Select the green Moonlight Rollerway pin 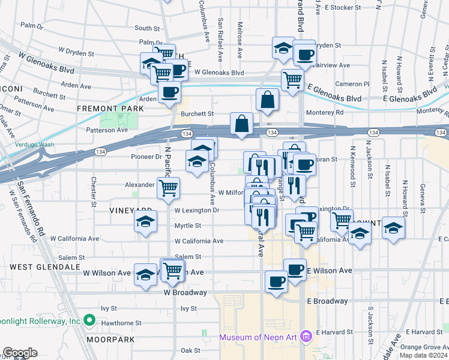[90, 321]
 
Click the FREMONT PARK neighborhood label [110, 109]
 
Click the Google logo [20, 353]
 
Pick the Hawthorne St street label [121, 323]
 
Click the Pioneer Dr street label [146, 157]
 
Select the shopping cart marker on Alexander [169, 187]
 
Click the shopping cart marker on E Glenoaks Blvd [292, 78]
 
